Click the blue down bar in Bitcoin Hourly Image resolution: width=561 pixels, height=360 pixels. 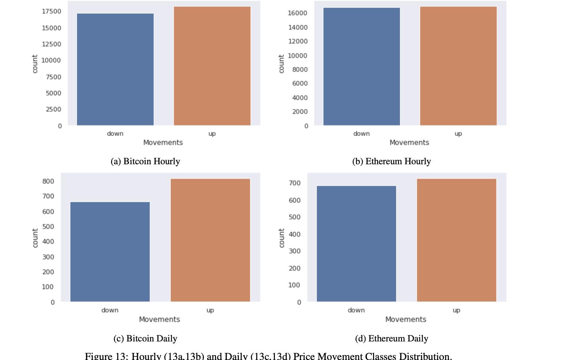tap(115, 69)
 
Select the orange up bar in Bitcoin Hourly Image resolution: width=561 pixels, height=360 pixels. tap(212, 66)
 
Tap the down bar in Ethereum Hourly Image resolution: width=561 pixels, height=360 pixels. tap(361, 66)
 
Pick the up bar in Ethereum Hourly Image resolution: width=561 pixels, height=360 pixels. tap(458, 66)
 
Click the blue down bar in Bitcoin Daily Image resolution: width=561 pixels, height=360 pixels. tap(110, 252)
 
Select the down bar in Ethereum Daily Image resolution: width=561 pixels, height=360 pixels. tap(356, 244)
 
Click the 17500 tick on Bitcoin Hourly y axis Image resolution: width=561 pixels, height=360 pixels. tap(51, 11)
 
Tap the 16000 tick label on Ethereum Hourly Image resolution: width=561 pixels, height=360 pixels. tap(297, 13)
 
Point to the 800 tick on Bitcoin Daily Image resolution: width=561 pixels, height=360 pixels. tap(48, 181)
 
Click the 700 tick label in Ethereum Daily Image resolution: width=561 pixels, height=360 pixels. tap(295, 183)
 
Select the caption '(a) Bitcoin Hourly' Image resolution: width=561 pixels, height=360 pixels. tap(145, 161)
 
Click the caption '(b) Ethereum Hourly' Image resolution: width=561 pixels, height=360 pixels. tap(391, 161)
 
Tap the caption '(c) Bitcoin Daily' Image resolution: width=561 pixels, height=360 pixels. tap(145, 339)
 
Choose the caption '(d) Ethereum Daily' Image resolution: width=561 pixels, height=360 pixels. tap(391, 339)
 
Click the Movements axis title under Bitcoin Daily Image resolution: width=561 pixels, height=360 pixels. tap(159, 319)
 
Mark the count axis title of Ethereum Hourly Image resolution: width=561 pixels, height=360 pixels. tap(281, 64)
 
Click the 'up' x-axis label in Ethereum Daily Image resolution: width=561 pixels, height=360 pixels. tap(456, 310)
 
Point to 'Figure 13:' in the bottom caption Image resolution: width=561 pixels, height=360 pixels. tap(106, 356)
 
